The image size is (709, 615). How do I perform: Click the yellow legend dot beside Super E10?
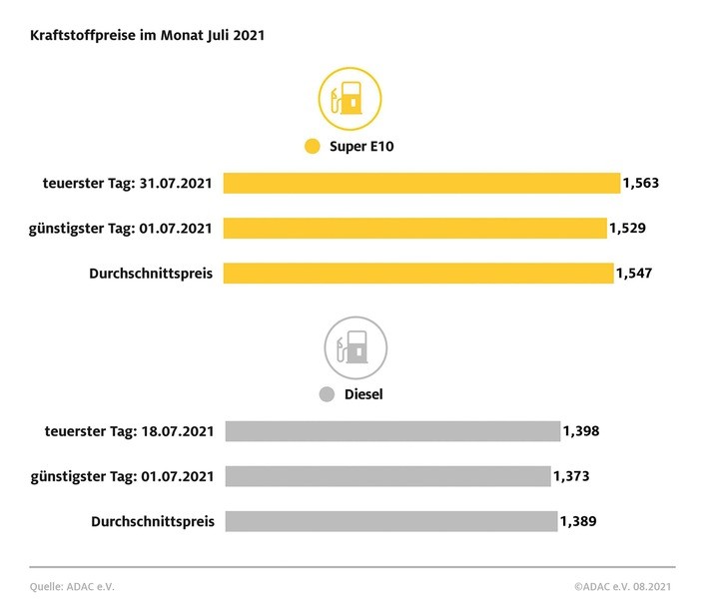tap(312, 148)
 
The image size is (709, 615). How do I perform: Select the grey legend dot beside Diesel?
tap(326, 394)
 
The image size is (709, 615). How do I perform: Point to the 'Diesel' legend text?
tap(363, 394)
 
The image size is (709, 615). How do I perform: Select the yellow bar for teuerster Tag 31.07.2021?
tap(421, 183)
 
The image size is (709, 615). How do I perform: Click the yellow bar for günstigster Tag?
tap(414, 228)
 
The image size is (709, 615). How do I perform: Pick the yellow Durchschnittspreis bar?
tap(417, 273)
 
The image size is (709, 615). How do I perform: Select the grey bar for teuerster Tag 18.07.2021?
tap(391, 431)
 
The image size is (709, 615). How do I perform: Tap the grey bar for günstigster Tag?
tap(387, 476)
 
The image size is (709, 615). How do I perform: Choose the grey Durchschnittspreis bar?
tap(390, 521)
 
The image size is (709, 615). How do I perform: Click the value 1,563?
tap(640, 183)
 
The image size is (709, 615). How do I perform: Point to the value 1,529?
tap(627, 228)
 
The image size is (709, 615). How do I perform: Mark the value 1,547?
tap(633, 273)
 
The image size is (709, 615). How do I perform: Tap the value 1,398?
tap(580, 431)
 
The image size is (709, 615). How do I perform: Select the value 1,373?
tap(571, 476)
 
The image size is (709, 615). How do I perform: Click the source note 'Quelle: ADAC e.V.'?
tap(72, 587)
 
